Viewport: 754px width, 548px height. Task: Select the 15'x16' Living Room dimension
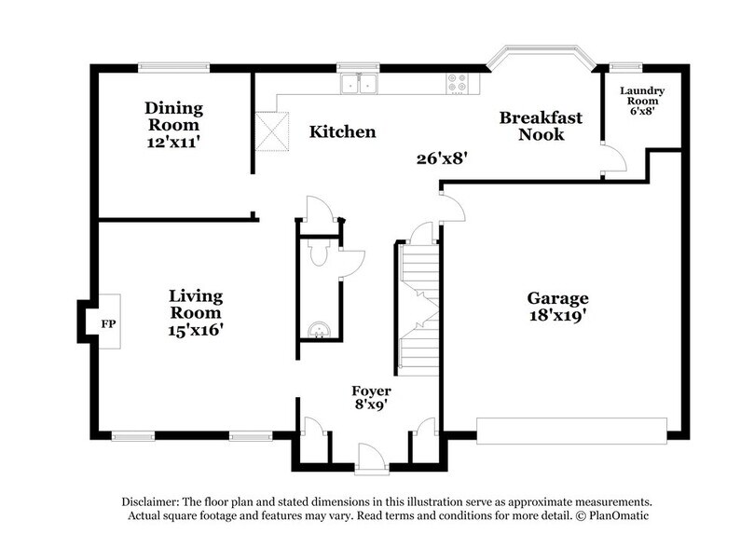tap(196, 329)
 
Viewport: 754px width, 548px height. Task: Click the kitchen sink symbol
tap(358, 85)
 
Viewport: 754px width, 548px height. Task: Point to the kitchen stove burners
tap(459, 83)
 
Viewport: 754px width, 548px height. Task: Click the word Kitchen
tap(343, 132)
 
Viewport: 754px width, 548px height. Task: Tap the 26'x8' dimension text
tap(441, 158)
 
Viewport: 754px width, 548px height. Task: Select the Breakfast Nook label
tap(541, 126)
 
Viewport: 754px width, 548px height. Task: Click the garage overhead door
tap(571, 429)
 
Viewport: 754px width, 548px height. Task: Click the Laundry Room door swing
tap(610, 161)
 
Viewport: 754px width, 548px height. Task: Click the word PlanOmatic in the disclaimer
tap(617, 514)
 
